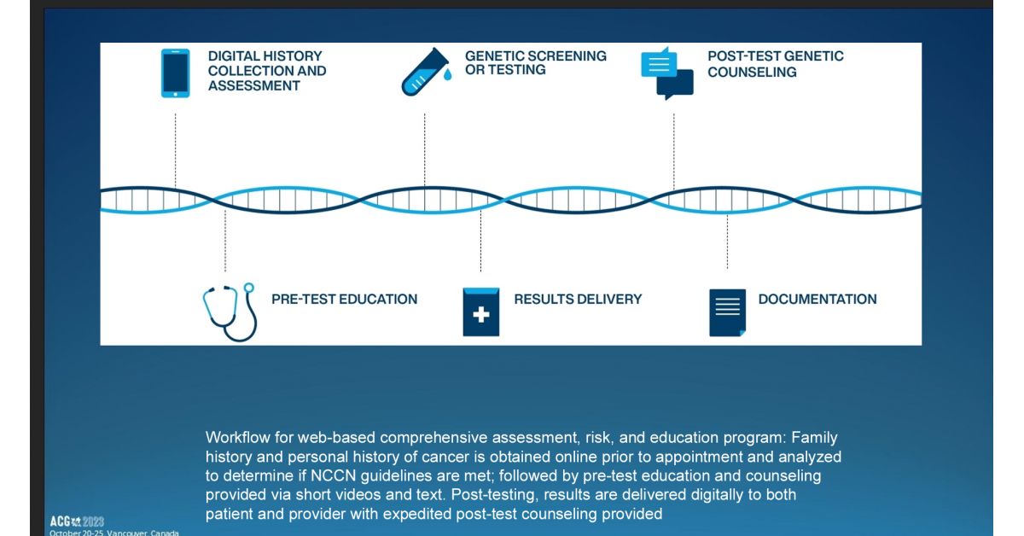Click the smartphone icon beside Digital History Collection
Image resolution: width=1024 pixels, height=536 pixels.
(176, 73)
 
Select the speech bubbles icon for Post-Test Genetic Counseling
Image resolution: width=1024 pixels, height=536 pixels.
(667, 73)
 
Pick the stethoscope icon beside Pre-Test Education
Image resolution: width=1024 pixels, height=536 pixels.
(230, 312)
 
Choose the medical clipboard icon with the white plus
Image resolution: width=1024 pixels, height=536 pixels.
(481, 312)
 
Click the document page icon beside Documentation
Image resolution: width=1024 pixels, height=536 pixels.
(727, 313)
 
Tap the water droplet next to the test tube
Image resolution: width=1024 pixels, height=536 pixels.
(447, 74)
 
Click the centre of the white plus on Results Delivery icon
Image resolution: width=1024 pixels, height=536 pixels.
(481, 315)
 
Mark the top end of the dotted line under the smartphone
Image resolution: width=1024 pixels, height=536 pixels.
(175, 114)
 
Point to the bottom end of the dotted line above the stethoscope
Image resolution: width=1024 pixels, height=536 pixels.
(225, 271)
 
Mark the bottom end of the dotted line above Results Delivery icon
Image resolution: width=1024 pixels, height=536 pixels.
(480, 271)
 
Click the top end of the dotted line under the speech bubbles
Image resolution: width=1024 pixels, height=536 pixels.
(673, 114)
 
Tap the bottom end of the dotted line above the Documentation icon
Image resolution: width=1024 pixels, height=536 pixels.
(727, 268)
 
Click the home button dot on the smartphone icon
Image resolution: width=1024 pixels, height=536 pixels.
(175, 94)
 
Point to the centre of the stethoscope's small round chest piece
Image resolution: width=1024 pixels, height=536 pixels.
(248, 288)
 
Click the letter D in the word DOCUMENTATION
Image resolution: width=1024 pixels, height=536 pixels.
(764, 299)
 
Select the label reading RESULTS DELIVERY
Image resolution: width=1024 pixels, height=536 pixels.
(578, 299)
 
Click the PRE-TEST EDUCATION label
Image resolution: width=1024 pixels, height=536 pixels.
(344, 299)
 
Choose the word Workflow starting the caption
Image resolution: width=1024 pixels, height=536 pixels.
(238, 437)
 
